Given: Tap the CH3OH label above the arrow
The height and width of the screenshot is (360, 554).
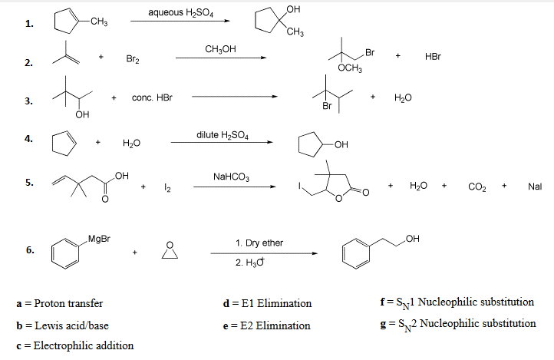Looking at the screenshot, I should [x=219, y=49].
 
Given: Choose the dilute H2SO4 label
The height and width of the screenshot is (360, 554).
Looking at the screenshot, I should [x=223, y=135].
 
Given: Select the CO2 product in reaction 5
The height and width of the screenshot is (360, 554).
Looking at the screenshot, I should [x=475, y=187].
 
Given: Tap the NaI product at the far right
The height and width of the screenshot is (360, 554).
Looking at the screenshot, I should [x=536, y=187].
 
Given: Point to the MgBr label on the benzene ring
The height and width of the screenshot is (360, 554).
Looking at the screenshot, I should [x=99, y=239].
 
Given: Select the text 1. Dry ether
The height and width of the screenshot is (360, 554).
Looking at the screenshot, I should [x=259, y=243].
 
